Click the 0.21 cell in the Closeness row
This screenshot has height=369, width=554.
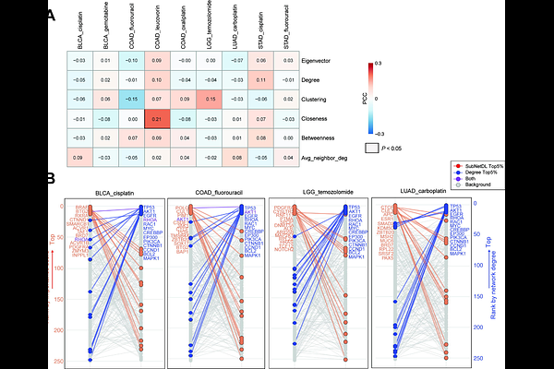tap(157, 118)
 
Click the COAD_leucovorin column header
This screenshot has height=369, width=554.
tap(157, 32)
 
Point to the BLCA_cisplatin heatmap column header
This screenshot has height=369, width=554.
tap(79, 32)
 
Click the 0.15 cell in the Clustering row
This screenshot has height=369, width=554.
tap(210, 99)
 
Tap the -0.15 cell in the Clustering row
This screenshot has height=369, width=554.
tap(131, 99)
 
